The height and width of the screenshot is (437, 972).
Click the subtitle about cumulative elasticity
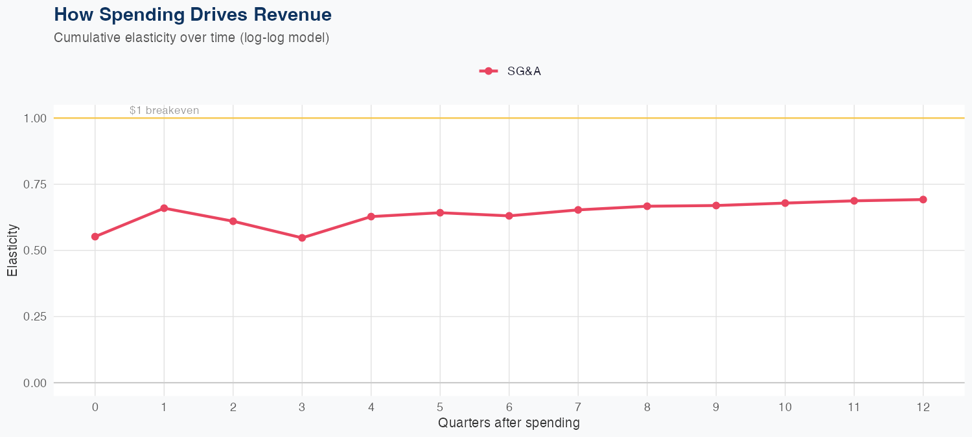tap(192, 38)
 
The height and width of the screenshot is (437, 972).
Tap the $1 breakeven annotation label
tap(164, 111)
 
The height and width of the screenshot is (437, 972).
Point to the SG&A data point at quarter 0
tap(95, 237)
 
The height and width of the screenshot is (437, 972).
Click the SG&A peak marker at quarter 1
tap(164, 208)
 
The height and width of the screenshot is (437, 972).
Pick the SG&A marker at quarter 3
tap(302, 238)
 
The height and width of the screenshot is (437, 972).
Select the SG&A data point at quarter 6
tap(509, 216)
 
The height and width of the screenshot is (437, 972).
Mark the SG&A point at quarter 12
tap(923, 199)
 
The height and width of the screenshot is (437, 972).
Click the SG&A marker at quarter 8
tap(647, 207)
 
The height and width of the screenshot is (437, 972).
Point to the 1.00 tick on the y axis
tap(35, 118)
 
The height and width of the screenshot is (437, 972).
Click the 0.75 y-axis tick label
tap(35, 185)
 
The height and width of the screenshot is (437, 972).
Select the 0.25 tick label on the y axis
tap(35, 317)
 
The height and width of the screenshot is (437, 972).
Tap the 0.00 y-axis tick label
tap(35, 383)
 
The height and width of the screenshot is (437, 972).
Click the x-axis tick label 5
tap(440, 407)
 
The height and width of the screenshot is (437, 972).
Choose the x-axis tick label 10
tap(785, 407)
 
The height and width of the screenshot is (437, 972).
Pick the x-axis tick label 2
tap(233, 407)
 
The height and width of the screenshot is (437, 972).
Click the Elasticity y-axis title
tap(12, 251)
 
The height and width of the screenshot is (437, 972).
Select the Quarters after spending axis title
tap(509, 423)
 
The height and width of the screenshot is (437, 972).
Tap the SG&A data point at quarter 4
tap(371, 217)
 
